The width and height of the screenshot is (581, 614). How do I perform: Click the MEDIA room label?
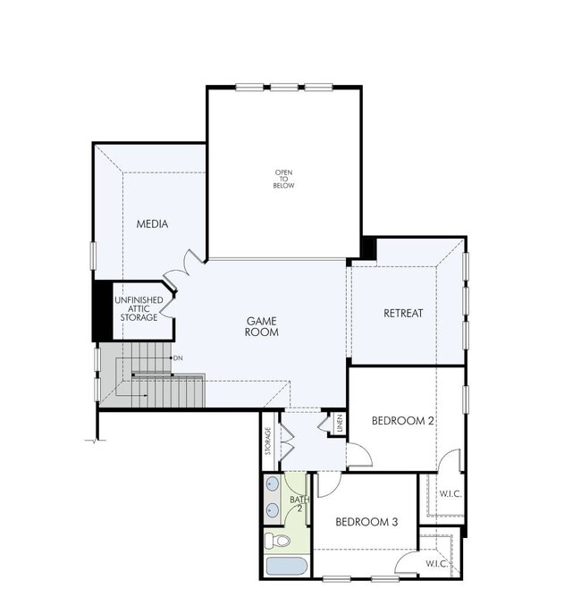pos(152,223)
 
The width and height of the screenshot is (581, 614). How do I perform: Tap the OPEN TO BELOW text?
pos(284,179)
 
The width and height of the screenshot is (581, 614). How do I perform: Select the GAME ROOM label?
pos(263,326)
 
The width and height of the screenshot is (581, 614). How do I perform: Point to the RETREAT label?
pos(403,313)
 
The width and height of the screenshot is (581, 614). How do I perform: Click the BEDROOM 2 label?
pos(403,421)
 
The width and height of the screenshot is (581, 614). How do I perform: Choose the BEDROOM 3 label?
pos(366,521)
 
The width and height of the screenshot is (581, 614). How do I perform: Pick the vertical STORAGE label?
pos(268,442)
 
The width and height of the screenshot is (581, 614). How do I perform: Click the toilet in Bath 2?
pos(277,541)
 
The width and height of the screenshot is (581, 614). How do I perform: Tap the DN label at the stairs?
pos(179,358)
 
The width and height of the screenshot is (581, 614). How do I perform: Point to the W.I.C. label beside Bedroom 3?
pos(436,564)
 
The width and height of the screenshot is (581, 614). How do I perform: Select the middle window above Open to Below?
pos(284,87)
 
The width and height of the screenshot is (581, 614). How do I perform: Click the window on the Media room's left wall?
pos(93,254)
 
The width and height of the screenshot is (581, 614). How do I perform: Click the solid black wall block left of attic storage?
pos(101,311)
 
